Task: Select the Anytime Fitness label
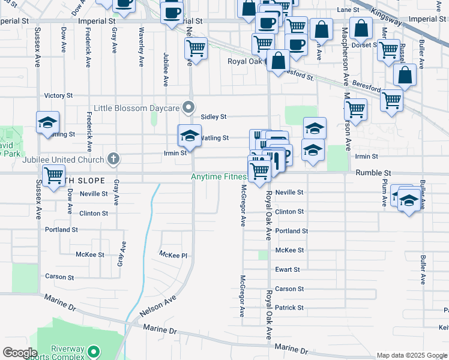(218, 177)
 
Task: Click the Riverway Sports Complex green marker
(93, 351)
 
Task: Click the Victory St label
(58, 95)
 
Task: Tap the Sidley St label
(214, 117)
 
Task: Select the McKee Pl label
(173, 255)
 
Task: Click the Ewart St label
(286, 270)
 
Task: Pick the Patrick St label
(289, 308)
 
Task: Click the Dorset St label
(363, 44)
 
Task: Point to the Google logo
(20, 353)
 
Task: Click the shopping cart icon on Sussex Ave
(53, 176)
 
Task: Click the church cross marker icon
(113, 160)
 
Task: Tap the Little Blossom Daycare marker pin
(189, 108)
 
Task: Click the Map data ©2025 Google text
(412, 355)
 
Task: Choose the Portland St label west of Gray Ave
(61, 230)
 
